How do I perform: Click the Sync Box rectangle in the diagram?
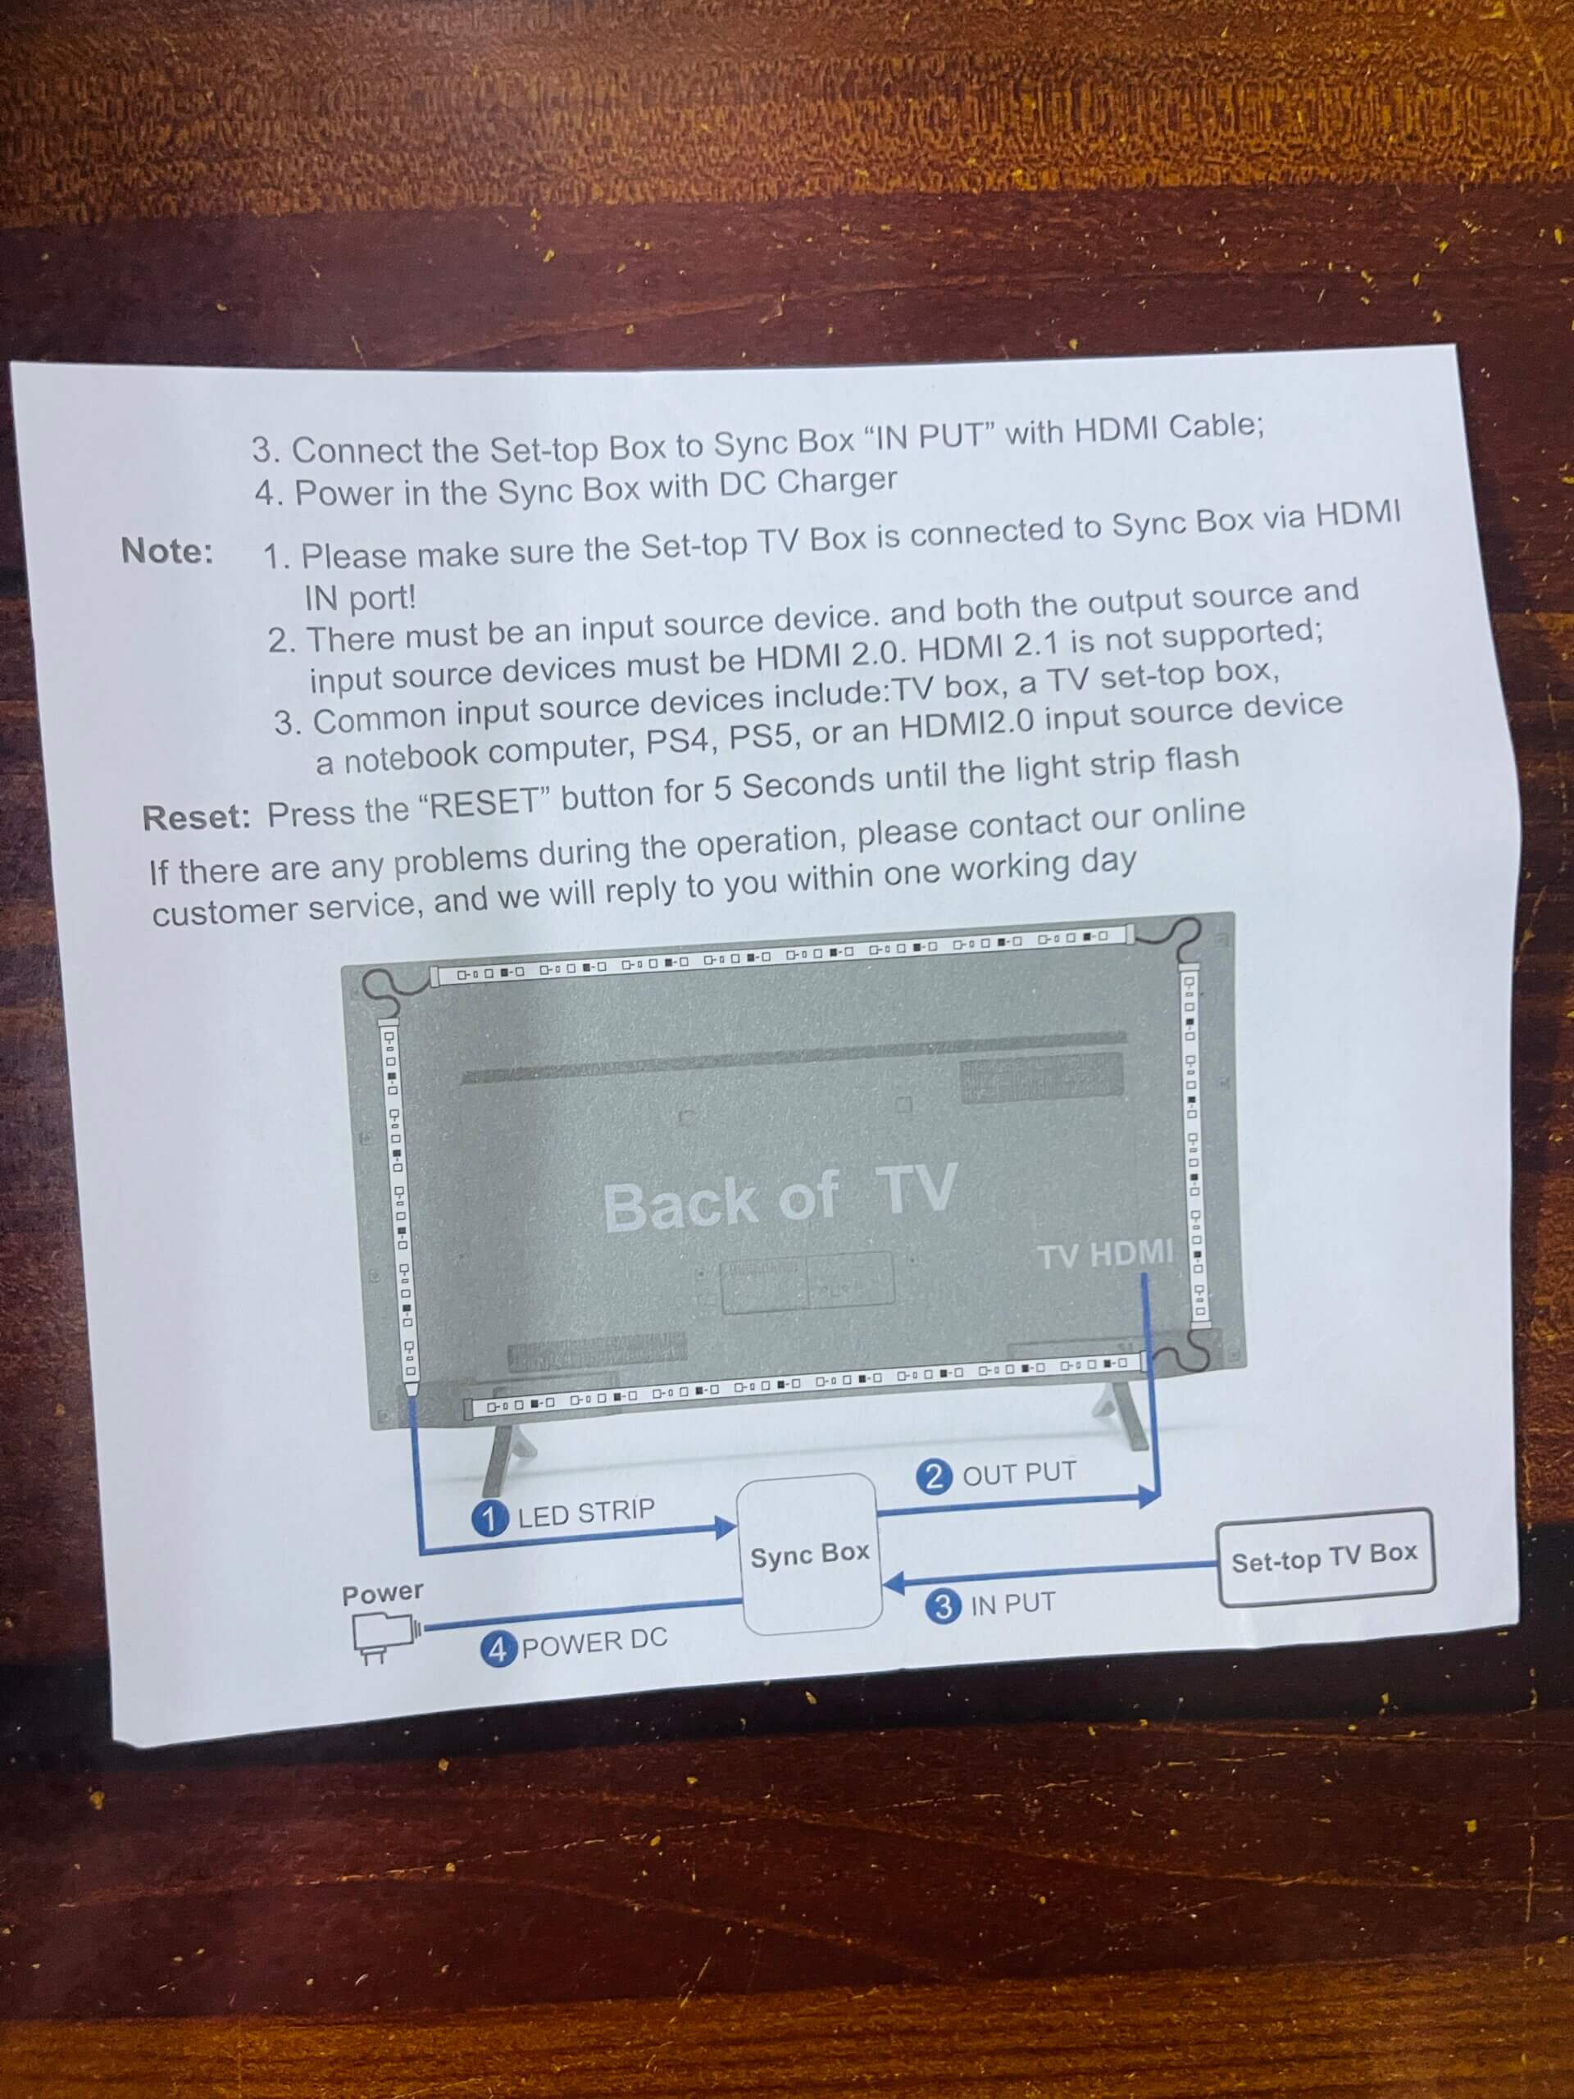[809, 1554]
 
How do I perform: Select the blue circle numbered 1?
[489, 1518]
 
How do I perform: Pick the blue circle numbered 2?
[935, 1477]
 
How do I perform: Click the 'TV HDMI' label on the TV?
[1105, 1254]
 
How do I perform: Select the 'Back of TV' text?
[779, 1199]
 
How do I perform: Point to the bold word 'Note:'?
[167, 550]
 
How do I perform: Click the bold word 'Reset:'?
[197, 817]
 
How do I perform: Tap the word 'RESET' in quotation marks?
[484, 804]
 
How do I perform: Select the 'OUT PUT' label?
[1019, 1473]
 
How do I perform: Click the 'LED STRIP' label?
[586, 1513]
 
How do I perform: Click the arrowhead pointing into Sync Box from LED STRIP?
[726, 1527]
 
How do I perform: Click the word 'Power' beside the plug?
[382, 1593]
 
